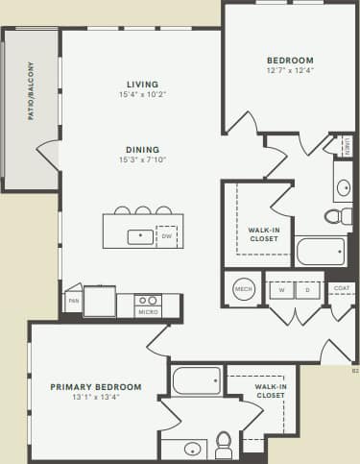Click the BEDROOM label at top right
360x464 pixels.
pyautogui.click(x=290, y=61)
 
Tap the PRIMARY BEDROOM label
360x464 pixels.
pyautogui.click(x=96, y=387)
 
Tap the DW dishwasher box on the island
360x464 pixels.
pyautogui.click(x=167, y=235)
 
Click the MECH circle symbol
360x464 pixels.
pyautogui.click(x=243, y=289)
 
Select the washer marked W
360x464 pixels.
pyautogui.click(x=281, y=289)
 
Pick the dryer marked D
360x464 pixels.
pyautogui.click(x=307, y=289)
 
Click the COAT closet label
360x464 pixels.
pyautogui.click(x=341, y=287)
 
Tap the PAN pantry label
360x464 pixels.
pyautogui.click(x=73, y=301)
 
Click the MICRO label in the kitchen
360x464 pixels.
pyautogui.click(x=148, y=311)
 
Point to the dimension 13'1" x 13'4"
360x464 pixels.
pyautogui.click(x=96, y=399)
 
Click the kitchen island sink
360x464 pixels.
pyautogui.click(x=139, y=234)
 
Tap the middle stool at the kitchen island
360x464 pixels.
pyautogui.click(x=142, y=210)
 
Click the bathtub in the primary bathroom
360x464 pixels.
pyautogui.click(x=197, y=380)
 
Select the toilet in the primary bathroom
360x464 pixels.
pyautogui.click(x=224, y=443)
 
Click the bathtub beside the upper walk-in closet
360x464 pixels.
pyautogui.click(x=320, y=252)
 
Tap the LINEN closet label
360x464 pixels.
pyautogui.click(x=348, y=147)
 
